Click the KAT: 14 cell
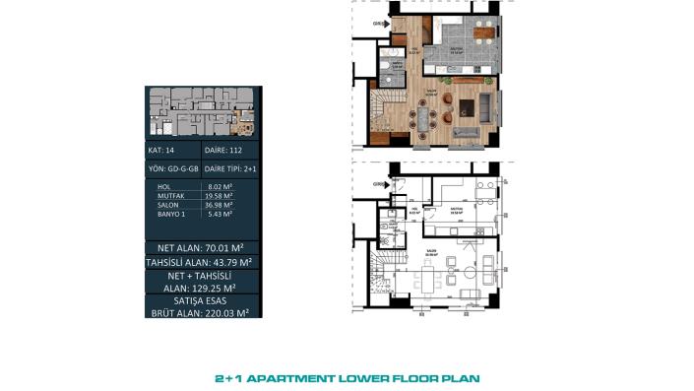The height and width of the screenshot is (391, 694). coord(160,151)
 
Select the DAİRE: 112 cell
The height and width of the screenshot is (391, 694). coord(222,151)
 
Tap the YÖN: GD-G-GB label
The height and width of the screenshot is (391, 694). coord(172,168)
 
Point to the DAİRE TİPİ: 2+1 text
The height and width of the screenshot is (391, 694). coord(230,168)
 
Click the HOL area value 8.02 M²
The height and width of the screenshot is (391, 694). coord(220,186)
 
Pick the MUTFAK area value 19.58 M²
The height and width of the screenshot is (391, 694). coord(221,195)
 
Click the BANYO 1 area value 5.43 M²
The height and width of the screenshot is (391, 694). coord(220,214)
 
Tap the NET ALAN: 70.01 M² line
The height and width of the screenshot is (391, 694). coord(203,246)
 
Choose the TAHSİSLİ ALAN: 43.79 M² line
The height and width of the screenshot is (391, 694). coord(203,262)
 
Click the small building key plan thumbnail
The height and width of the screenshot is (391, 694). coord(202,110)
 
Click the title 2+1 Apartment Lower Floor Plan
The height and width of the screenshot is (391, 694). coord(347,377)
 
